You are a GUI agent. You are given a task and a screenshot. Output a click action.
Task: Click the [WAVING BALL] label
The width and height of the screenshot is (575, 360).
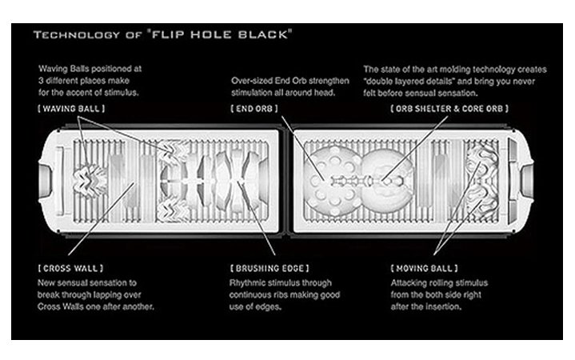point(71,109)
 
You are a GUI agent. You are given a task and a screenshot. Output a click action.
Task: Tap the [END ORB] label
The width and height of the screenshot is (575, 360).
point(254,109)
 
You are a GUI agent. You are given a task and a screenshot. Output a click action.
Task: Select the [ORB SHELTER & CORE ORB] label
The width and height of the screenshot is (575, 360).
point(449,109)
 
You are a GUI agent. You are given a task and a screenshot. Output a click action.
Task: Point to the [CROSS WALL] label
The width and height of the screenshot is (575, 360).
point(70,268)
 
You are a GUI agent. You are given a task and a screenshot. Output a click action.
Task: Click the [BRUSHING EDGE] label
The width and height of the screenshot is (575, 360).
point(270,268)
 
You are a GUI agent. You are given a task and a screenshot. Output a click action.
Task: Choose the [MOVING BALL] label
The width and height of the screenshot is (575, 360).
point(425,268)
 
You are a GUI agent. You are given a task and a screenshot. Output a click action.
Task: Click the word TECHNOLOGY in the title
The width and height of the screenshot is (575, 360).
point(77,35)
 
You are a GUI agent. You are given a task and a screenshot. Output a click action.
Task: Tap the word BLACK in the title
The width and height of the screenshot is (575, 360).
point(263,34)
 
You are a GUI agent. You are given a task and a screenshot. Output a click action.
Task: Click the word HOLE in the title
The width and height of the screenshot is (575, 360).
point(211,34)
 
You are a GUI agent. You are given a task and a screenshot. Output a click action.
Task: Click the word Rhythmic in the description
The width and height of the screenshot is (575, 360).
point(246,283)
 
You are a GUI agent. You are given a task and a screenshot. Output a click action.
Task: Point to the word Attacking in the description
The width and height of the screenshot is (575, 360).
point(407,283)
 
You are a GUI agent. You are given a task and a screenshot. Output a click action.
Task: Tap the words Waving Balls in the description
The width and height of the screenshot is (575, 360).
point(63,69)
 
